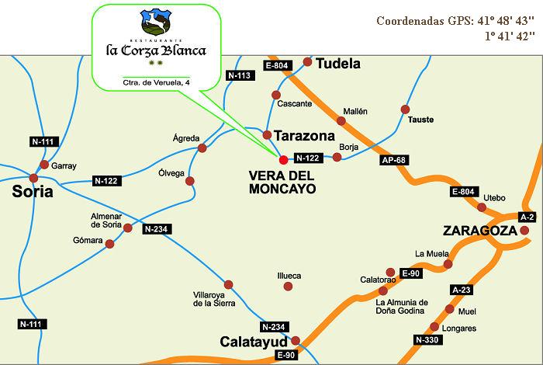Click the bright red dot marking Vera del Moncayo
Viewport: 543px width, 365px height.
(283, 158)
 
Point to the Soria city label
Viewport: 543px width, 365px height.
(33, 191)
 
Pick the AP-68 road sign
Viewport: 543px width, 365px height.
(395, 161)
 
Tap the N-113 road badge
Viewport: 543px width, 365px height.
(239, 75)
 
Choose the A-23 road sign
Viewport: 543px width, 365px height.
(461, 290)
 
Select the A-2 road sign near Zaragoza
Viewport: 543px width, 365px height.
(527, 216)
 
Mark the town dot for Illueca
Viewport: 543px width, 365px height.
(289, 287)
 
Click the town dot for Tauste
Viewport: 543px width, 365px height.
(404, 109)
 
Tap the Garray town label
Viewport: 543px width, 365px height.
(64, 165)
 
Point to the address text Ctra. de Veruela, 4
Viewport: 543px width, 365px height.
(156, 82)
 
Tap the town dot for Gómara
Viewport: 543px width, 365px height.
(109, 244)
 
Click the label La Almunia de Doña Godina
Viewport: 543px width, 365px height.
(402, 307)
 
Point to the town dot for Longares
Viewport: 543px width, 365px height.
(434, 327)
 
